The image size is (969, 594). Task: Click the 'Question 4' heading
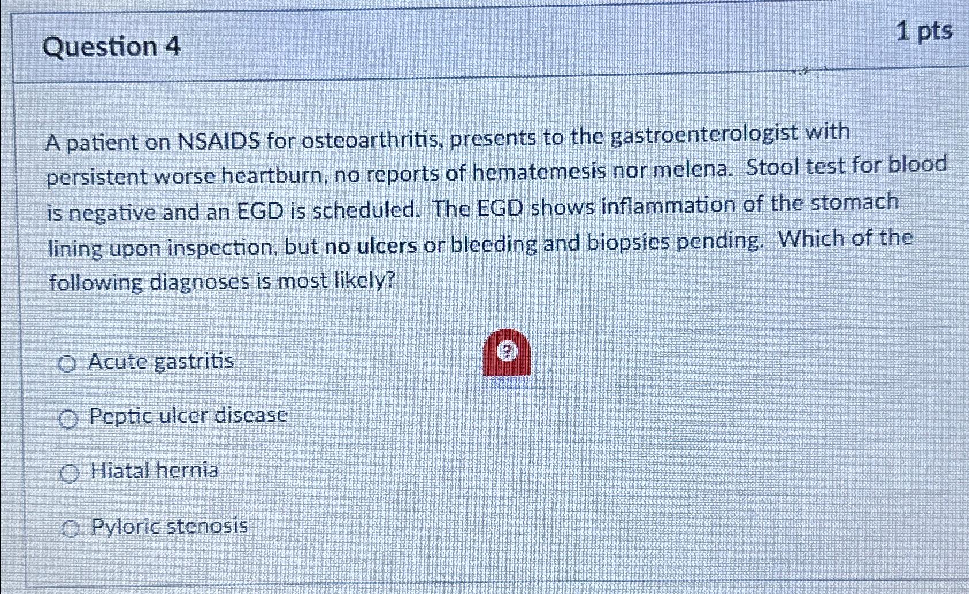pyautogui.click(x=111, y=47)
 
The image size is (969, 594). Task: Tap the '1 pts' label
pyautogui.click(x=925, y=32)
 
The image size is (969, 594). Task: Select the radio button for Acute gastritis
pyautogui.click(x=67, y=364)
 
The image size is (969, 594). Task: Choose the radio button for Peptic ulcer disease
pyautogui.click(x=68, y=419)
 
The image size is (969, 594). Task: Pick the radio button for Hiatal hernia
pyautogui.click(x=70, y=474)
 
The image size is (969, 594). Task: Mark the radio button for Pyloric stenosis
pyautogui.click(x=71, y=528)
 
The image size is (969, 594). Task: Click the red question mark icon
pyautogui.click(x=507, y=352)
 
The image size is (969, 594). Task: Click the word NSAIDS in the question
pyautogui.click(x=219, y=141)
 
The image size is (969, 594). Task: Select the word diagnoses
pyautogui.click(x=200, y=283)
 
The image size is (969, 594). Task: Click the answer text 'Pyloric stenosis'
pyautogui.click(x=170, y=527)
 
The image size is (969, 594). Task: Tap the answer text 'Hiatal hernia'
pyautogui.click(x=155, y=471)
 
